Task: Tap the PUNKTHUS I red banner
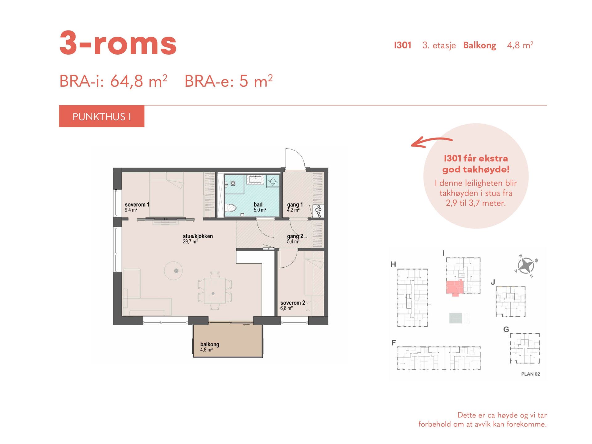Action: (x=102, y=116)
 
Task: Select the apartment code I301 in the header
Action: (x=403, y=45)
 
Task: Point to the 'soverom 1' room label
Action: (x=137, y=204)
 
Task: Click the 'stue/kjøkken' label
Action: (x=198, y=236)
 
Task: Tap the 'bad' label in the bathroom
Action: (x=258, y=204)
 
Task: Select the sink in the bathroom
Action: (x=255, y=179)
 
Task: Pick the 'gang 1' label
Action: (x=295, y=205)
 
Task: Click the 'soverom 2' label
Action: (x=293, y=303)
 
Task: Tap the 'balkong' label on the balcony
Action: (x=210, y=344)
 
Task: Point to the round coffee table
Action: (x=173, y=271)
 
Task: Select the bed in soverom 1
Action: (x=166, y=194)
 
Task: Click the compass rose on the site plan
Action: (x=526, y=265)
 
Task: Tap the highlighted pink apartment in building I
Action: (x=455, y=287)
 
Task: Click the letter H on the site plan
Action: (x=393, y=264)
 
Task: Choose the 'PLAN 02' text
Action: (x=531, y=374)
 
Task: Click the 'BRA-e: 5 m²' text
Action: (x=228, y=81)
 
